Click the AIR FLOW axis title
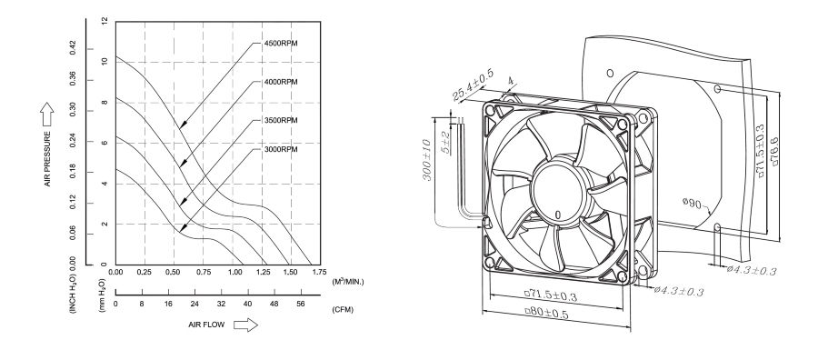coord(205,325)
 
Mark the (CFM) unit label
coord(344,308)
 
